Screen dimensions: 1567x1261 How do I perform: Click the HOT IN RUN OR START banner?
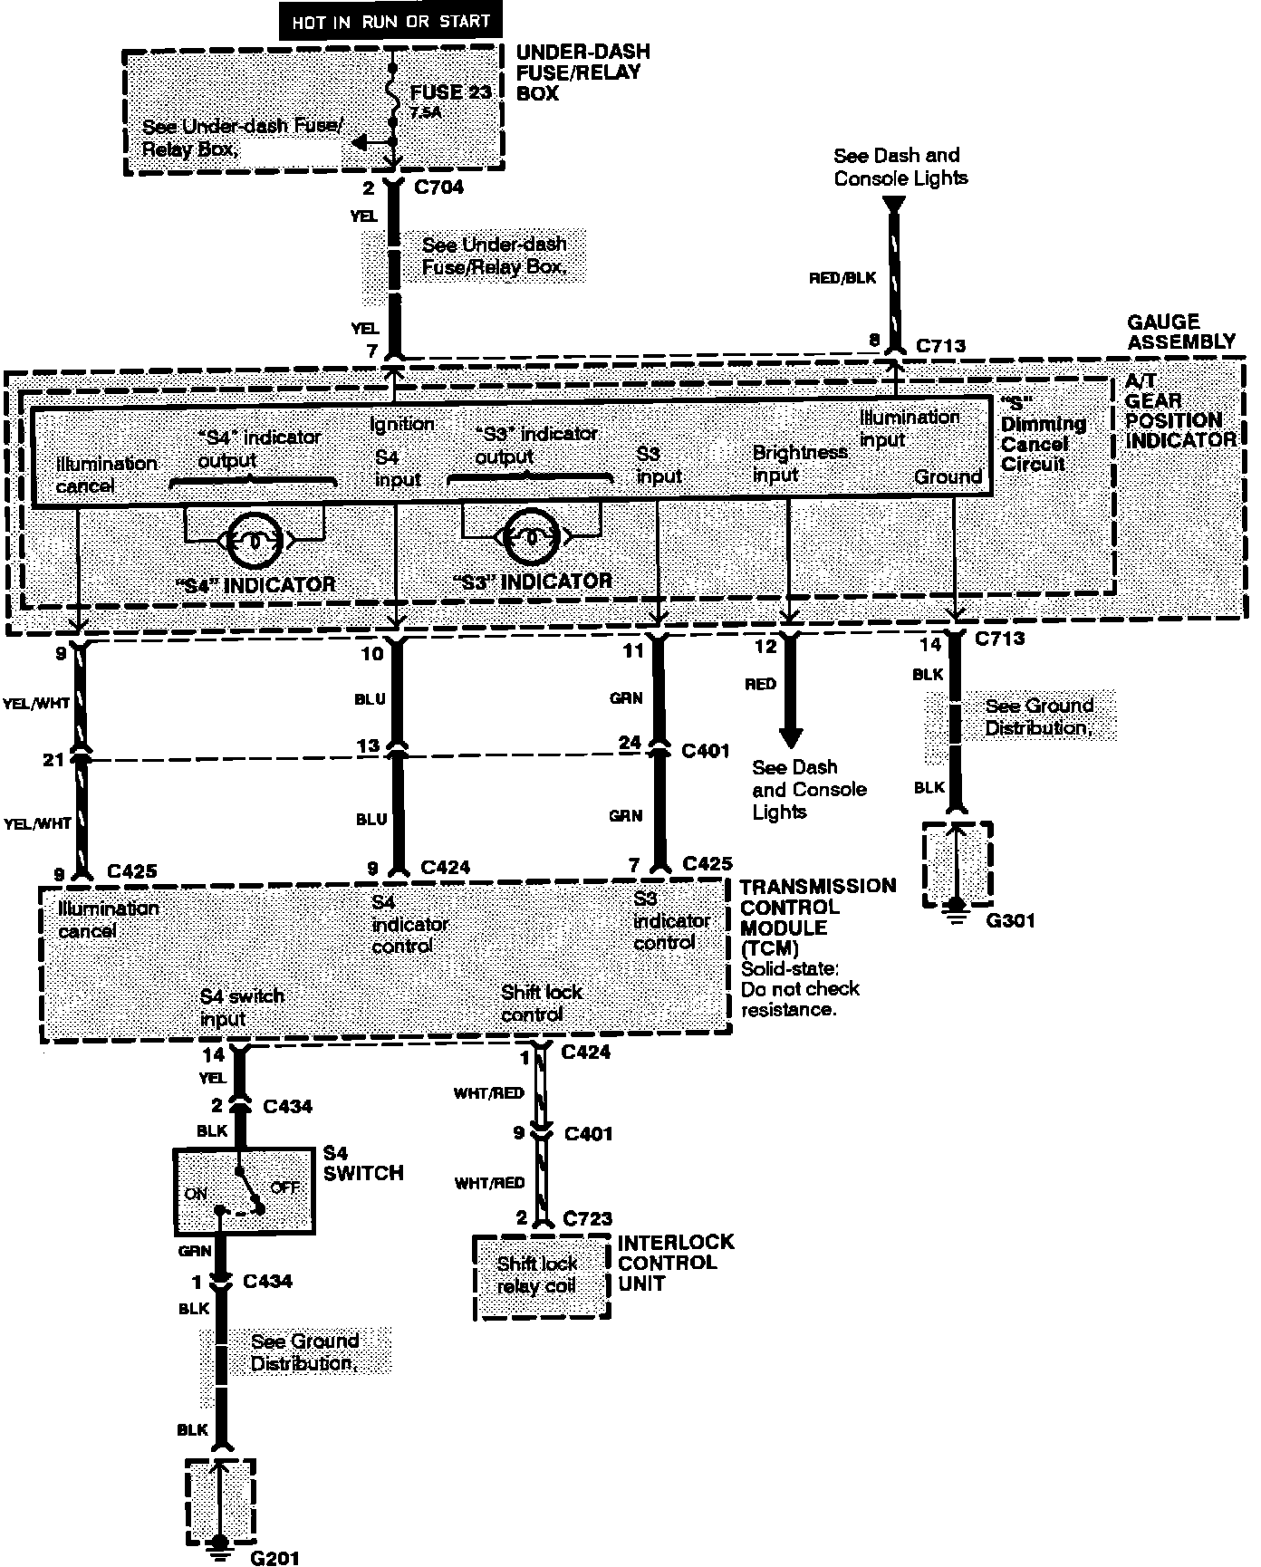coord(390,22)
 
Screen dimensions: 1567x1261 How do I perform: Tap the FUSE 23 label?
coord(451,92)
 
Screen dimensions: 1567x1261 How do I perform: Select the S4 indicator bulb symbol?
coord(255,541)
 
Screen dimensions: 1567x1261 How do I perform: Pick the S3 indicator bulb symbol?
coord(532,537)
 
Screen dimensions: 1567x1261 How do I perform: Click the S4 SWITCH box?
coord(244,1192)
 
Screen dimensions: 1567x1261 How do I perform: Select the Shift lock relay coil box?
coord(541,1276)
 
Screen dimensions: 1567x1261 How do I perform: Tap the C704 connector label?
coord(438,187)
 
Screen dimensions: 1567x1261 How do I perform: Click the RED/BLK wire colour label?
coord(842,278)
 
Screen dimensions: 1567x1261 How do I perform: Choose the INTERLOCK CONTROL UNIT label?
coord(675,1263)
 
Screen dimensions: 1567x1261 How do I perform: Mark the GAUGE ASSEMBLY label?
coord(1180,332)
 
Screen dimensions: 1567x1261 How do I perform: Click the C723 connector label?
coord(587,1218)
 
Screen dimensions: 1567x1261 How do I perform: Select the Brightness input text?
coord(799,464)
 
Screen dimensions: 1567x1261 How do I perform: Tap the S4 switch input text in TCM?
coord(242,1007)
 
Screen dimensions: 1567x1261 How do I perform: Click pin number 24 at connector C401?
coord(629,744)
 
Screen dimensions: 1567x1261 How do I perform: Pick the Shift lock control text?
coord(541,1004)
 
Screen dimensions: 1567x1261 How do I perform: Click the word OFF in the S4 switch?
coord(284,1187)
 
